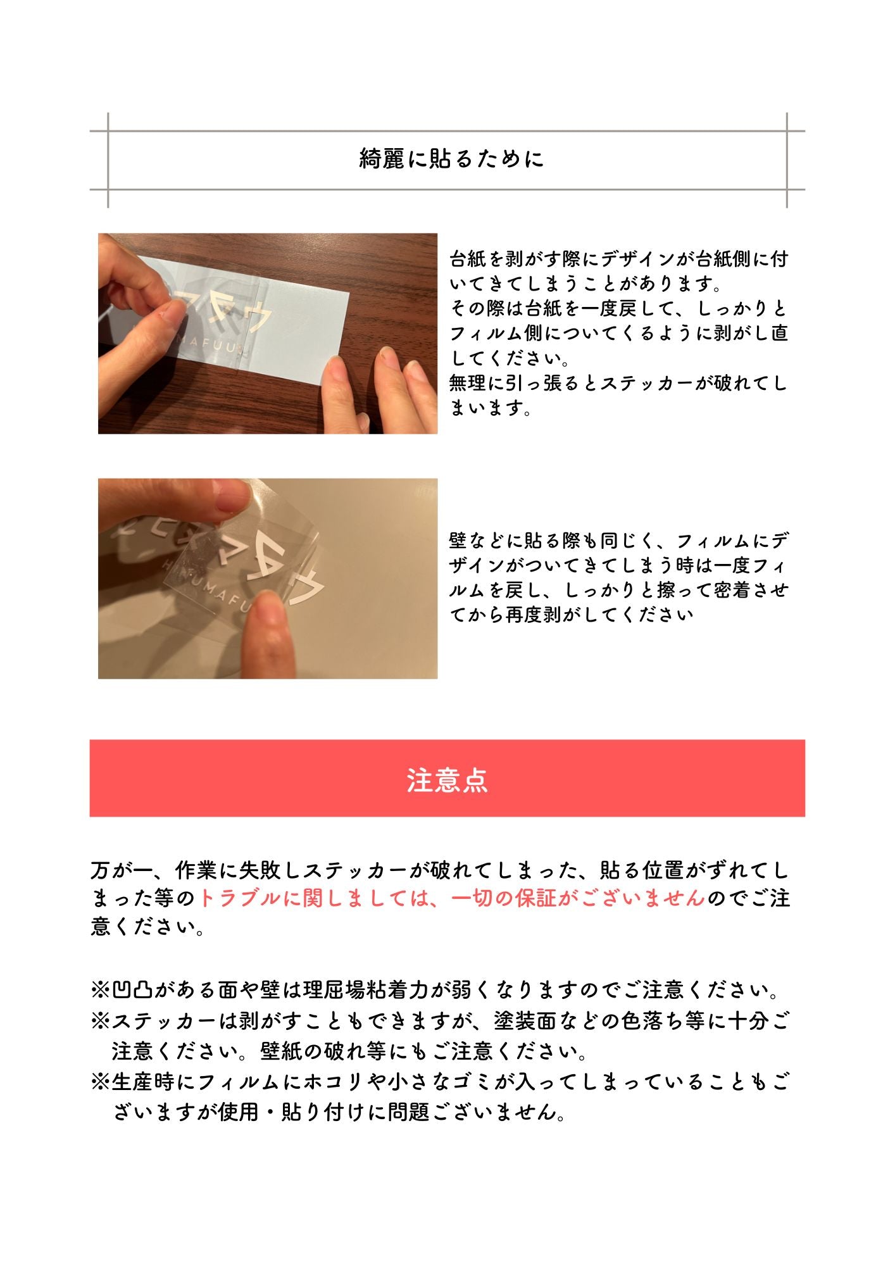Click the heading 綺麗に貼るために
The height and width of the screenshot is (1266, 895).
(x=451, y=159)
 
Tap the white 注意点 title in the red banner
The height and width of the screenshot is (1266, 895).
(x=447, y=780)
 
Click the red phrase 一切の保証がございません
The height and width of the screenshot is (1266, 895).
(x=579, y=898)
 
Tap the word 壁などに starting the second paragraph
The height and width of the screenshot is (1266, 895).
(x=486, y=541)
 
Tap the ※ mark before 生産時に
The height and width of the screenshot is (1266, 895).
(x=101, y=1082)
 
